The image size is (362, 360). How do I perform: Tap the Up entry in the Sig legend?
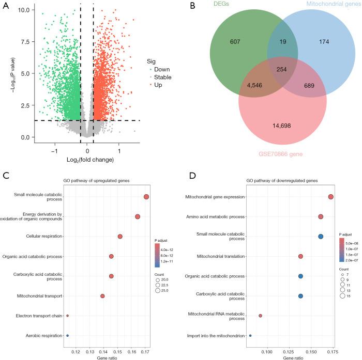(x=158, y=84)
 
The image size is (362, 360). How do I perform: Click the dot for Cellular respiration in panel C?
(x=120, y=237)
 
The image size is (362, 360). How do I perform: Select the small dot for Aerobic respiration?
(x=67, y=336)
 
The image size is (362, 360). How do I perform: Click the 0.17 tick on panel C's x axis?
(x=145, y=352)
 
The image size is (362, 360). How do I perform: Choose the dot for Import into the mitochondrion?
(x=250, y=336)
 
